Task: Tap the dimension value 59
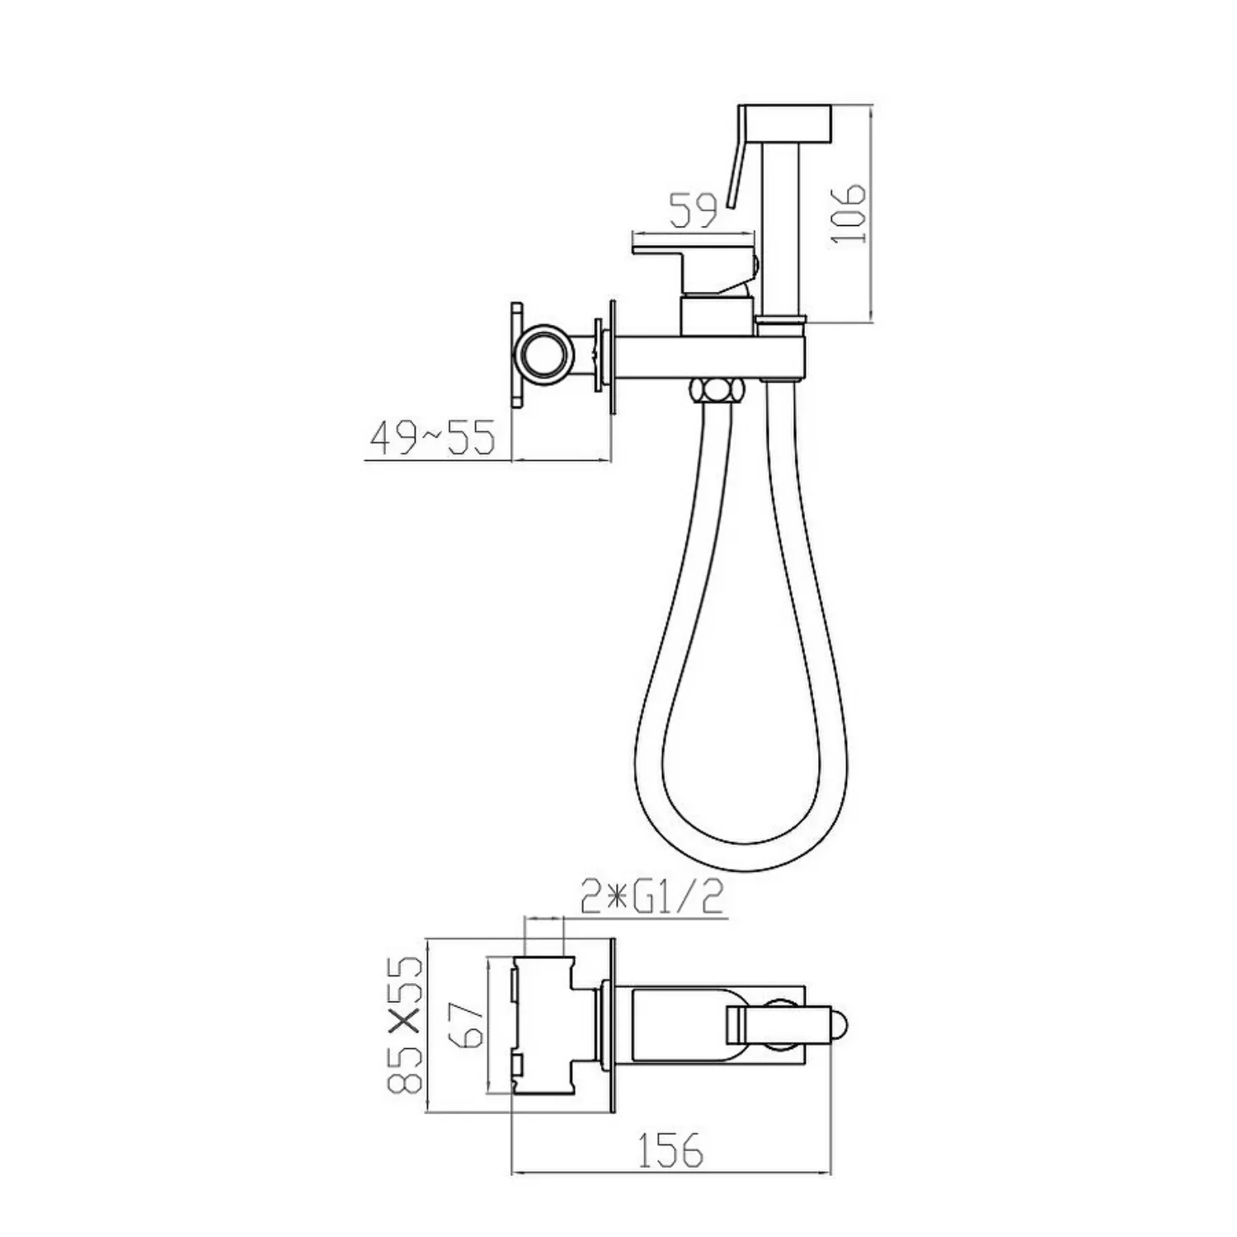[x=691, y=211]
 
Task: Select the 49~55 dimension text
[x=432, y=437]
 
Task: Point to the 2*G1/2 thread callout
[x=651, y=898]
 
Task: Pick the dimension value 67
[x=468, y=1026]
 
